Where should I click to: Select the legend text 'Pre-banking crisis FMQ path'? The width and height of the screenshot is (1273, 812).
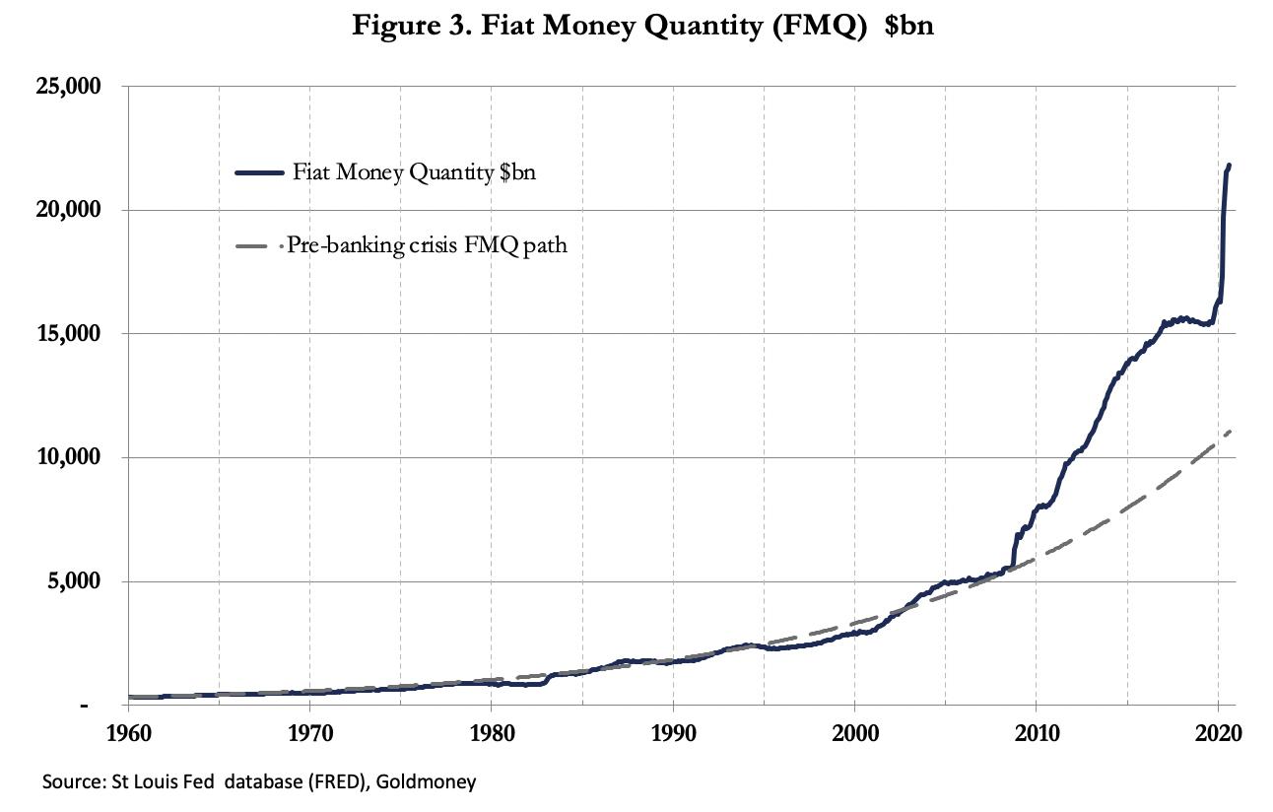click(x=427, y=245)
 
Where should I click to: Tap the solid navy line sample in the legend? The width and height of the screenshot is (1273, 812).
click(x=260, y=173)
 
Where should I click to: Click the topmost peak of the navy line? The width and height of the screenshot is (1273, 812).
click(x=1229, y=166)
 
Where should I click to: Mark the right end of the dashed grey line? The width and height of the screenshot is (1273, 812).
click(x=1232, y=431)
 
